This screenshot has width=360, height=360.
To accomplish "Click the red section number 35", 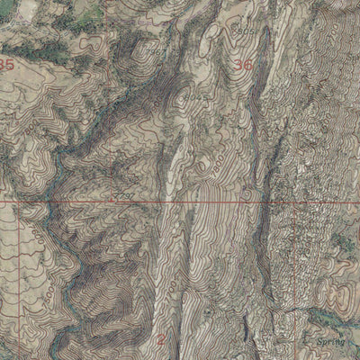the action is [x=9, y=65].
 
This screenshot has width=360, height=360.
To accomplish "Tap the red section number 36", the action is [x=242, y=65].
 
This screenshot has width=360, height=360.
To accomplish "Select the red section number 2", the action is [x=161, y=339].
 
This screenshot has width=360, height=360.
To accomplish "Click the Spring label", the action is [x=330, y=343].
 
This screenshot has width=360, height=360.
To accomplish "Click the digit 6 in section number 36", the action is [x=247, y=65].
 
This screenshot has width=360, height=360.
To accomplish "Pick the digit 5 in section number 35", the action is [x=13, y=65].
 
